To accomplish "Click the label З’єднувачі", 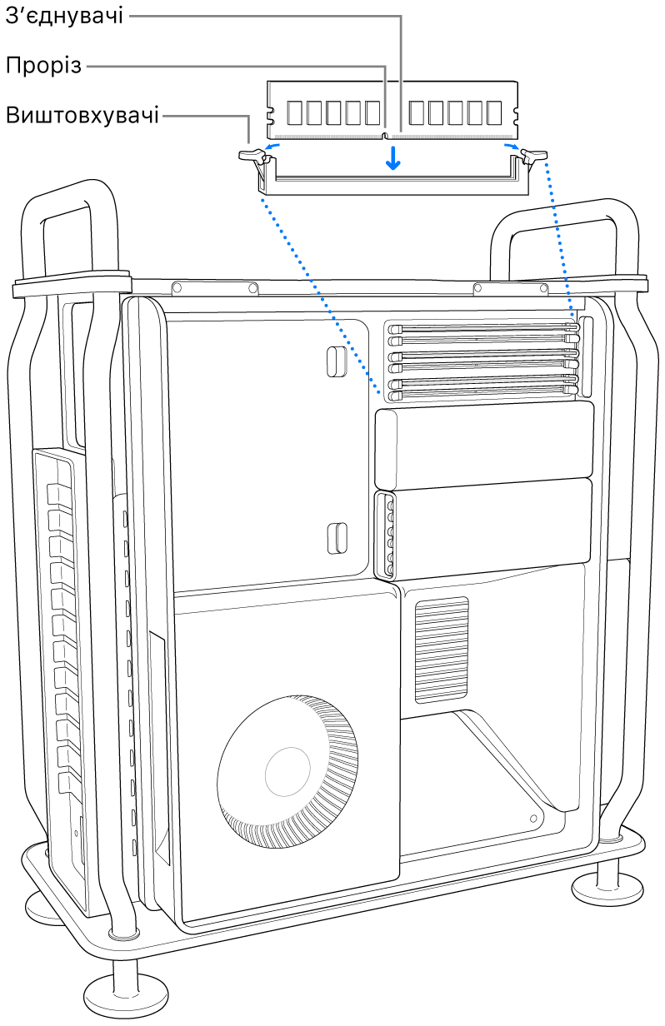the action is click(x=64, y=16).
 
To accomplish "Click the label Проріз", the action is click(x=43, y=66).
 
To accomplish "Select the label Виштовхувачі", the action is click(x=82, y=115).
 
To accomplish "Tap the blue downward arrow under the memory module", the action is click(x=392, y=158).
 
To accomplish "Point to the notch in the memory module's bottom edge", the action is click(x=385, y=135).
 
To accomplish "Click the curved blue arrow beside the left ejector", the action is click(x=272, y=147).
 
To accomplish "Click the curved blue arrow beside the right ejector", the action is click(x=512, y=147).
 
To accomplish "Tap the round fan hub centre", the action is click(x=287, y=771).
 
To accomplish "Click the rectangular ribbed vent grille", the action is click(x=442, y=650).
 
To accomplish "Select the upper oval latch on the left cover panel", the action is click(x=337, y=361).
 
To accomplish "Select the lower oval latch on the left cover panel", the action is click(x=337, y=538).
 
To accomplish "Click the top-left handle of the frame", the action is click(x=68, y=229).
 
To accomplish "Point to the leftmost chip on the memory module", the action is click(x=295, y=113).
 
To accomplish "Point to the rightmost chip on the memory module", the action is click(x=494, y=113).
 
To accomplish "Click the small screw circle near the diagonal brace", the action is click(x=533, y=818).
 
